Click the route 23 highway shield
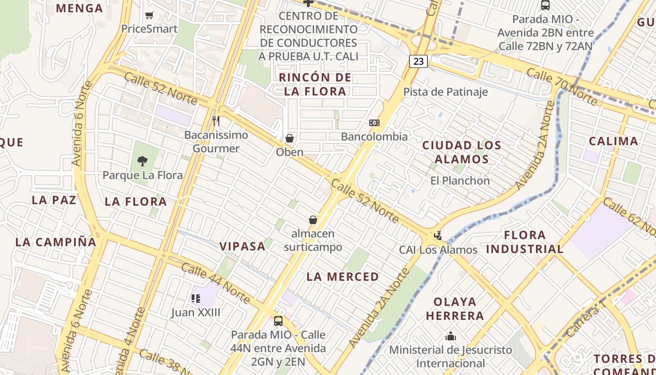pyautogui.click(x=418, y=61)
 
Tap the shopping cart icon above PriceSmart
pyautogui.click(x=149, y=15)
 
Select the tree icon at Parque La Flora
pyautogui.click(x=142, y=161)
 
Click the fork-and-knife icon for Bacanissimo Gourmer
pyautogui.click(x=216, y=121)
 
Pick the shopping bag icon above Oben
pyautogui.click(x=290, y=138)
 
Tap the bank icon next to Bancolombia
pyautogui.click(x=374, y=123)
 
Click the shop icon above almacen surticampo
pyautogui.click(x=313, y=220)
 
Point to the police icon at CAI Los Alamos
pyautogui.click(x=438, y=236)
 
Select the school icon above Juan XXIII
pyautogui.click(x=195, y=298)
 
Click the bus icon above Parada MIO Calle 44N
pyautogui.click(x=278, y=321)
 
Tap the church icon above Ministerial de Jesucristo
pyautogui.click(x=451, y=336)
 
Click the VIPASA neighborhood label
pyautogui.click(x=243, y=247)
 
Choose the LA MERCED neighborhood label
pyautogui.click(x=343, y=277)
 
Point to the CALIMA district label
pyautogui.click(x=613, y=141)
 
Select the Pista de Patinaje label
pyautogui.click(x=445, y=92)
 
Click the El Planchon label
pyautogui.click(x=460, y=180)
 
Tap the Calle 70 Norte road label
pyautogui.click(x=561, y=86)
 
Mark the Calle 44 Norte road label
pyautogui.click(x=215, y=283)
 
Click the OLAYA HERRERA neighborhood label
pyautogui.click(x=455, y=308)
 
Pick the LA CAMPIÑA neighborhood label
pyautogui.click(x=56, y=242)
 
